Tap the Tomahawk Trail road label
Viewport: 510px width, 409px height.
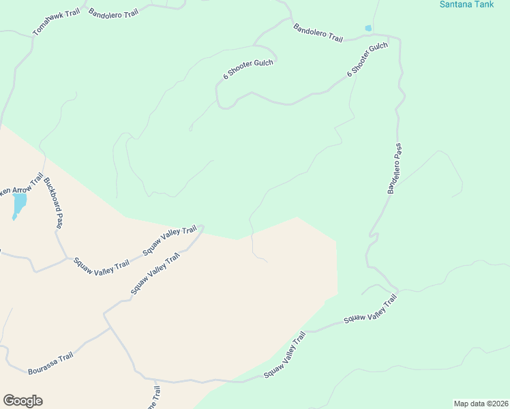57,22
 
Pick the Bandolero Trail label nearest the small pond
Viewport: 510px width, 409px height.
318,33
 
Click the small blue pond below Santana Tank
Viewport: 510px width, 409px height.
368,29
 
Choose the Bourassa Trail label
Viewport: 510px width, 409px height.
50,363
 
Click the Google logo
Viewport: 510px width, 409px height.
22,401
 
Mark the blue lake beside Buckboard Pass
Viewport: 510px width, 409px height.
19,203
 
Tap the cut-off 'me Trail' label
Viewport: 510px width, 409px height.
156,397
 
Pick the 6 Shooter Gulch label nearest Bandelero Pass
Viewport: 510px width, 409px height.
367,59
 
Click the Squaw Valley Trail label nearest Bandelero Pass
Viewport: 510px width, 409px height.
370,310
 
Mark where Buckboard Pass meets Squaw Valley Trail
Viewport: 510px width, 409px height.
67,258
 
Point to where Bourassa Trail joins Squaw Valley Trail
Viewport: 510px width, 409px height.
110,327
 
